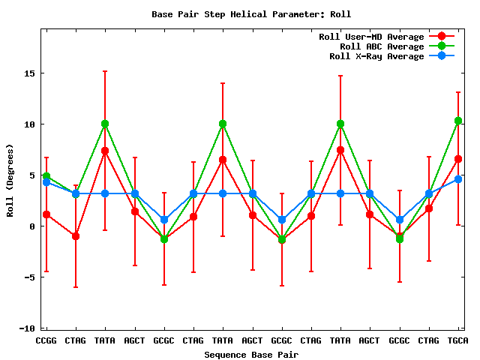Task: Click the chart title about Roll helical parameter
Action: coord(250,14)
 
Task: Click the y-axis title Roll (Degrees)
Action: coord(10,179)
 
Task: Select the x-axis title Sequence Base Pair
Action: coord(251,354)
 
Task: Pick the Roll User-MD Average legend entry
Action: coord(371,37)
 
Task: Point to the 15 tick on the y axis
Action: coord(28,73)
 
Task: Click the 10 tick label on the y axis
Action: coord(28,124)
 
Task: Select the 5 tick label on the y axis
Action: coord(31,175)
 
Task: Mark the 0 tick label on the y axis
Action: coord(31,226)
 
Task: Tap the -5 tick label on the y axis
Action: coord(28,277)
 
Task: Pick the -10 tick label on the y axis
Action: coord(25,328)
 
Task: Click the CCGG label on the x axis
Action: coord(46,340)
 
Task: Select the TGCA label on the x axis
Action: coord(457,340)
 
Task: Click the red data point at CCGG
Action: coord(46,214)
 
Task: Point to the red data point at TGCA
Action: coord(457,159)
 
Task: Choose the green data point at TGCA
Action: coord(457,121)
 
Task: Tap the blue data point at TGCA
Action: coord(457,179)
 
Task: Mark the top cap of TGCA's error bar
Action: coord(457,92)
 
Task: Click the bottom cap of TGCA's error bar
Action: coord(457,225)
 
